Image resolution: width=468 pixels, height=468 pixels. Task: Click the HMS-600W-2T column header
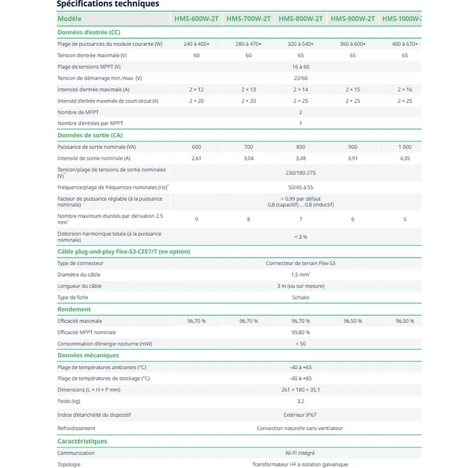(196, 19)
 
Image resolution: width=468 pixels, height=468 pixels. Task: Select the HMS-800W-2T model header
(300, 19)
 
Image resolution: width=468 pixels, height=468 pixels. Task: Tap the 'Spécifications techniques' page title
(108, 4)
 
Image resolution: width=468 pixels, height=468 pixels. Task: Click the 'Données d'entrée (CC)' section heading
(89, 32)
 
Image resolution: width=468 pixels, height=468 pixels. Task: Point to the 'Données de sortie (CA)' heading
(90, 135)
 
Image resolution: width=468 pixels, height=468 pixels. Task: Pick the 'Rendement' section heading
(74, 309)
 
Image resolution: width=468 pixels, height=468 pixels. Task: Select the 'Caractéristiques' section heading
(82, 441)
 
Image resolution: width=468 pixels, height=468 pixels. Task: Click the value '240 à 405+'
(196, 44)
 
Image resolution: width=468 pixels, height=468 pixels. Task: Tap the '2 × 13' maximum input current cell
(248, 90)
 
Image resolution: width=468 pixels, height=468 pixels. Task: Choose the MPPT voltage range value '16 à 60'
(300, 67)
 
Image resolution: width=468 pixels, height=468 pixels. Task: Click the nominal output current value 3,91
(352, 158)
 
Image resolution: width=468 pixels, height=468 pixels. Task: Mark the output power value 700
(248, 147)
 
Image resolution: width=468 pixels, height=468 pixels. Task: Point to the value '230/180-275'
(300, 173)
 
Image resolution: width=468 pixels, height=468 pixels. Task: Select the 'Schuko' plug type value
(300, 297)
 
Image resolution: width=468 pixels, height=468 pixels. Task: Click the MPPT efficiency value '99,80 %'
(300, 332)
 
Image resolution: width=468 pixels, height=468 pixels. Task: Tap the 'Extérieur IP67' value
(300, 414)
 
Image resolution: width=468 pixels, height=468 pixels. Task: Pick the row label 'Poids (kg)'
(69, 401)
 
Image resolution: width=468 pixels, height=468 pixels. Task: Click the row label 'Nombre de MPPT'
(78, 113)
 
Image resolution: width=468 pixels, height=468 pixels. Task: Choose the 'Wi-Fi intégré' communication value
(300, 453)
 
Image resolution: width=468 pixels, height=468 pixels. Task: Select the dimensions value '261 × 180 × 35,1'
(300, 390)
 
